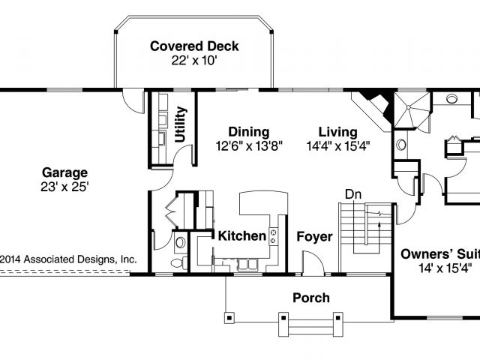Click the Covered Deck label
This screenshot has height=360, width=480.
pos(194,46)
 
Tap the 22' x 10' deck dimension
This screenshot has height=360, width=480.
pos(194,61)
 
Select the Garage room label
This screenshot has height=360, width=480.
pos(65,173)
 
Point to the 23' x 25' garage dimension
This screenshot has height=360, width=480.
pos(64,187)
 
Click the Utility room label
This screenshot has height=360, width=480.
pos(180,124)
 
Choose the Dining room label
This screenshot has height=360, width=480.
pos(249,132)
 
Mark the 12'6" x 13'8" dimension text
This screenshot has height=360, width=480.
pos(249,146)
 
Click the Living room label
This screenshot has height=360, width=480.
pos(338,132)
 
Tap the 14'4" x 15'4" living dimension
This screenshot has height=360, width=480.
pos(338,146)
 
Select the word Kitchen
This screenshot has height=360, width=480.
pos(241,236)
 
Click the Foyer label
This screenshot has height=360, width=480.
pos(314,237)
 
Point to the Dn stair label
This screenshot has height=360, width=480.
pos(353,194)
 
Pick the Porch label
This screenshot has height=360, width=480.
pos(311,298)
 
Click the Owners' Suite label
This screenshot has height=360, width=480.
pos(440,254)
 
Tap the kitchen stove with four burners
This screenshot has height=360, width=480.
pos(273,237)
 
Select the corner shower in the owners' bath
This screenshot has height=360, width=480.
pos(412,109)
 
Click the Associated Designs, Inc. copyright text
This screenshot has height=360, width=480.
pos(68,259)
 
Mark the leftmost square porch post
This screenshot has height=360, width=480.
pos(229,318)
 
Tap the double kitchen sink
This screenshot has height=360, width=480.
pos(247,264)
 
